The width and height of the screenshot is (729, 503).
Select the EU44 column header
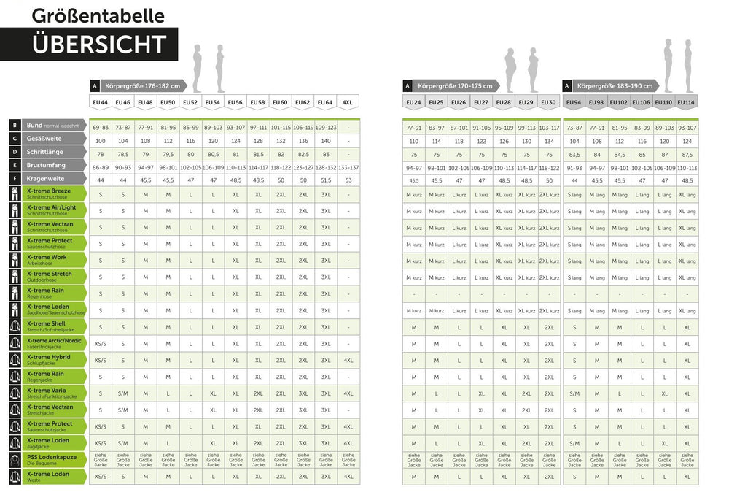[x=100, y=102]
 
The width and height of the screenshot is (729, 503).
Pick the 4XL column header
[x=348, y=102]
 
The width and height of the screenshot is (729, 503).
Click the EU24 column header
[x=413, y=102]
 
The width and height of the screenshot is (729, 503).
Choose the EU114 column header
[x=687, y=102]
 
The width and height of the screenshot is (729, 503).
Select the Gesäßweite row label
[x=44, y=139]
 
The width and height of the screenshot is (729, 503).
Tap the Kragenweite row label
[x=45, y=178]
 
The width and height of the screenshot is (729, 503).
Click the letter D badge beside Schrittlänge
[x=15, y=152]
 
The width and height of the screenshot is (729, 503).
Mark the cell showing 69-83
[x=100, y=127]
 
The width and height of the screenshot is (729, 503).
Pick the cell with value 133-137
[x=348, y=167]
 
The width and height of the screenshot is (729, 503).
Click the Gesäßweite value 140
[x=325, y=140]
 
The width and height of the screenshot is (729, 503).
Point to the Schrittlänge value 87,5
[x=687, y=154]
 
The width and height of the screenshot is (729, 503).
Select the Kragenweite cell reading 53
[x=348, y=180]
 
